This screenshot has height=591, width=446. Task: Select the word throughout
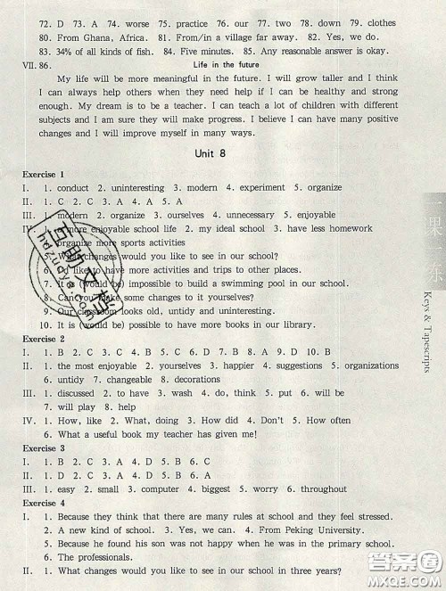point(323,488)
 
